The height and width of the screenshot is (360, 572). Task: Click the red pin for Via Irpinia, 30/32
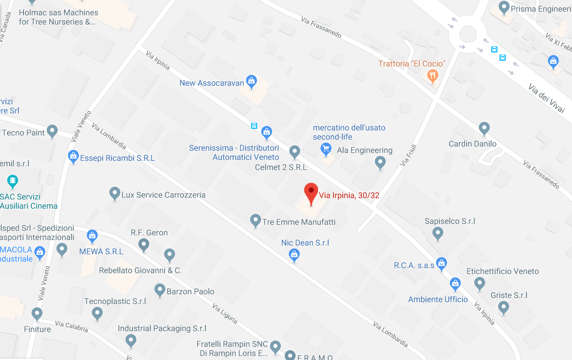[311, 192]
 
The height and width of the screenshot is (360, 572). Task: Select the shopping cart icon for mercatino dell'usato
[326, 149]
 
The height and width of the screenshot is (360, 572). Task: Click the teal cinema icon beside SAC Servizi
[13, 180]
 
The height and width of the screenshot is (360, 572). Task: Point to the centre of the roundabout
[468, 33]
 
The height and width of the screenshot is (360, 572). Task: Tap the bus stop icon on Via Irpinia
[254, 126]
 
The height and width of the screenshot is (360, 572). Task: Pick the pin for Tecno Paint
[52, 131]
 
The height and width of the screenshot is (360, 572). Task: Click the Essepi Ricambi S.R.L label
[117, 158]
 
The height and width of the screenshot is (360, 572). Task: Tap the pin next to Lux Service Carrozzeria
[115, 193]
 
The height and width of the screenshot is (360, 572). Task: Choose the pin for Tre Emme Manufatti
[255, 221]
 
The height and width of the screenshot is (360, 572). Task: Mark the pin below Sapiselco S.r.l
[438, 233]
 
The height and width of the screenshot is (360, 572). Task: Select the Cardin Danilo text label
[473, 144]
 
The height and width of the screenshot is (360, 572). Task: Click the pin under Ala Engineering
[380, 163]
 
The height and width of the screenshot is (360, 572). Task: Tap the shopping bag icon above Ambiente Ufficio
[455, 283]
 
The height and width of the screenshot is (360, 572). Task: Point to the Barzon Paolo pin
[160, 290]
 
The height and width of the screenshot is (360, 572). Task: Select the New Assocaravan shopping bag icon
[251, 81]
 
